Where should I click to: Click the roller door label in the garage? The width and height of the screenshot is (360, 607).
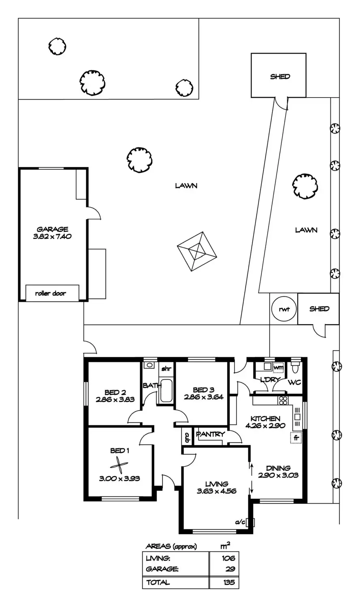(x=51, y=293)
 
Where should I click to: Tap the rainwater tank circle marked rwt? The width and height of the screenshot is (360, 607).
(x=283, y=310)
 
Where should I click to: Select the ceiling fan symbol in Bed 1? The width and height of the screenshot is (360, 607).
(x=118, y=465)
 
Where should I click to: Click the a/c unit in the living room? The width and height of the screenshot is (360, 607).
(x=250, y=522)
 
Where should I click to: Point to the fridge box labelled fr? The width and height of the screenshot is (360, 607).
(x=296, y=438)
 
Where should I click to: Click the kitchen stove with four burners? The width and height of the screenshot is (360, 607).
(x=283, y=400)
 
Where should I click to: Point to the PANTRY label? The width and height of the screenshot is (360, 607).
(x=210, y=435)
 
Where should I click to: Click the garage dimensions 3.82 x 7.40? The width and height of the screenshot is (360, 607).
(x=52, y=237)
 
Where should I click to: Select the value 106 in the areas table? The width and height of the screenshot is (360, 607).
(x=228, y=558)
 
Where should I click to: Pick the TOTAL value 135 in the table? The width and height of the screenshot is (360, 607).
(x=228, y=583)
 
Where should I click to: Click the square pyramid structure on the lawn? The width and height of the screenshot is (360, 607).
(x=198, y=252)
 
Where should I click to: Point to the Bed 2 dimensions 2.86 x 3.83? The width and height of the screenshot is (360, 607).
(x=115, y=399)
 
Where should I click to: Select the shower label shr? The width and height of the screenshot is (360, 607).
(x=166, y=369)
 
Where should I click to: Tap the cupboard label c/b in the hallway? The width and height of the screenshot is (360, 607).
(x=187, y=437)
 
